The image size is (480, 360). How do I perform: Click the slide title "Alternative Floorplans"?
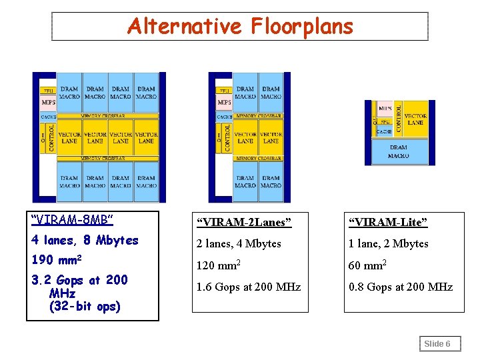tap(240, 27)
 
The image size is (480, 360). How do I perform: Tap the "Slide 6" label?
tap(438, 344)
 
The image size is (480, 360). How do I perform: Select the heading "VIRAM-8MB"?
tap(73, 219)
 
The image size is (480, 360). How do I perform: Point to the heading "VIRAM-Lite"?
tap(387, 221)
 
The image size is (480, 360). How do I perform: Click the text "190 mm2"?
tap(55, 259)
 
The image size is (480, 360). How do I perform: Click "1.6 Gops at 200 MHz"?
tap(248, 287)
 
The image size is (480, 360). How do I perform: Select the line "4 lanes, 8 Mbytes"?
tap(85, 240)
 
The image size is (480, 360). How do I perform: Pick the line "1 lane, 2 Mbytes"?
tap(389, 243)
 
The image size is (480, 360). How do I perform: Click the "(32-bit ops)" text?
tap(85, 307)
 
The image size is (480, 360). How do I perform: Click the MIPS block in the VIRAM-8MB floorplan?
tap(49, 103)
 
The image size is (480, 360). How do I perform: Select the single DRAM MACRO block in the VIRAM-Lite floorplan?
tap(399, 152)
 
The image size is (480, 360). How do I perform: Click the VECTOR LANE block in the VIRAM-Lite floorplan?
tap(415, 119)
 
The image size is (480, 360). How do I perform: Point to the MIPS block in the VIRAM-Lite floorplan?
tap(385, 108)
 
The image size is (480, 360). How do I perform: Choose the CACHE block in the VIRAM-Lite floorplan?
tap(385, 131)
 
